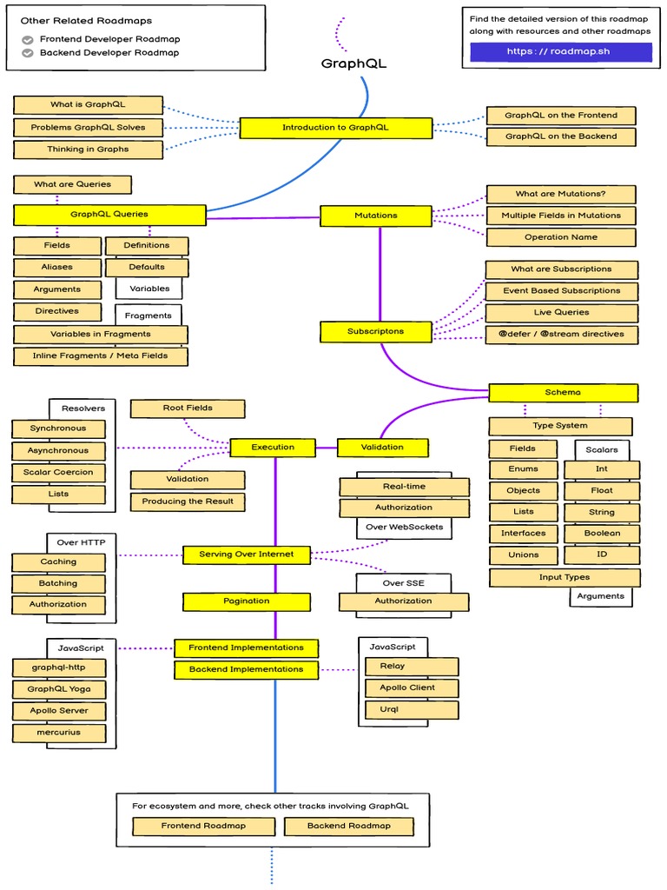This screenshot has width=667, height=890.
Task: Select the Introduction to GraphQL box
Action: pos(335,128)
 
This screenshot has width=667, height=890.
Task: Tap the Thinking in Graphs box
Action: pos(88,149)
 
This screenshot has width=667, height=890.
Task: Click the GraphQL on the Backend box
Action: pos(560,136)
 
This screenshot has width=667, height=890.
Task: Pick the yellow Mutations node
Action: pos(375,216)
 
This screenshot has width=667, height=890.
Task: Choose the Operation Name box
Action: pos(560,237)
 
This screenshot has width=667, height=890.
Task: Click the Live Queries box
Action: pos(561,313)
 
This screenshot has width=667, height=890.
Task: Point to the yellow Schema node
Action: pos(563,393)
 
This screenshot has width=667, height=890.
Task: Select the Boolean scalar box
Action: pos(602,534)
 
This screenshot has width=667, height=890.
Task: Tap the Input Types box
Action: pos(565,577)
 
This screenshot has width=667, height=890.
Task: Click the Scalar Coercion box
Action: pos(58,473)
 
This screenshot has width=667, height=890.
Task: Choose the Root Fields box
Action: pos(188,408)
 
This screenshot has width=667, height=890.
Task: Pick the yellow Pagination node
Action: pos(247,601)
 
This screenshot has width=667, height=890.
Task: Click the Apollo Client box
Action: pos(407,687)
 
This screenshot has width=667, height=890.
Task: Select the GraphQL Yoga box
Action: pos(58,689)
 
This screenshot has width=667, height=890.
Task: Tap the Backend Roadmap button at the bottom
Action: pos(349,826)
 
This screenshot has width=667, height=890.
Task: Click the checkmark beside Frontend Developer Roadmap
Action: pos(28,39)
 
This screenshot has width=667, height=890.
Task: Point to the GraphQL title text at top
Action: pos(353,63)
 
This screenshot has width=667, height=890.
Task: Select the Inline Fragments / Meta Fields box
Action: pos(100,356)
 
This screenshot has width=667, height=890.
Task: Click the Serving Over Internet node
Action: pos(247,555)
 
